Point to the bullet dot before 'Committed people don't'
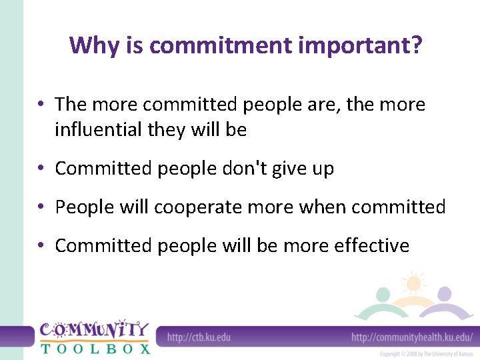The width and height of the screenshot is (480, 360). point(41,169)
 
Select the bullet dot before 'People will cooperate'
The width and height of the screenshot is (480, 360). point(41,207)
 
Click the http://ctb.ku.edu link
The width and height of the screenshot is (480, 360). point(199,337)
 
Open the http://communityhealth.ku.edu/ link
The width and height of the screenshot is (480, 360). point(412,337)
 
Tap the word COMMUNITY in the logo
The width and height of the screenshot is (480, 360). point(93,329)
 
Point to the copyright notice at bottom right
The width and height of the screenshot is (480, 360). point(426,354)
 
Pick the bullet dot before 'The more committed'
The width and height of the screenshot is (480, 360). point(41,105)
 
